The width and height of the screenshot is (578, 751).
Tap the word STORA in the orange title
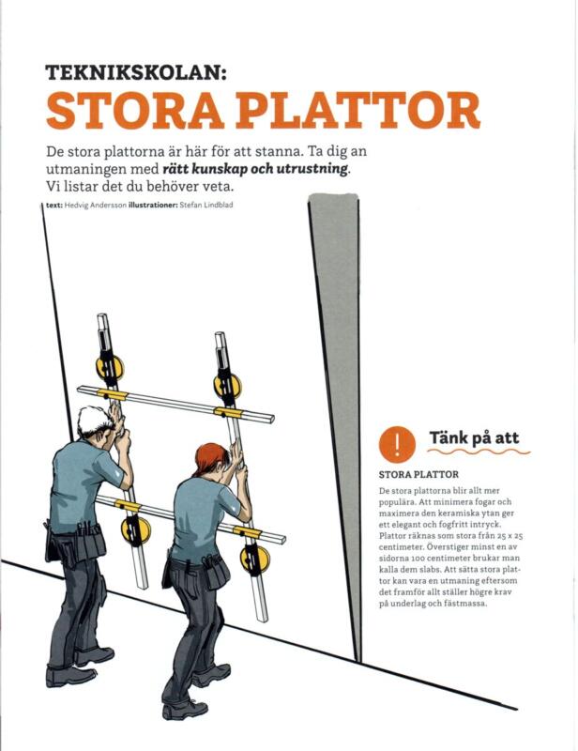click(x=122, y=112)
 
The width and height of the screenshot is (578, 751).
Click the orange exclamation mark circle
click(x=398, y=441)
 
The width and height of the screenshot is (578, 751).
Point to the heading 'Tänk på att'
click(x=473, y=438)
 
